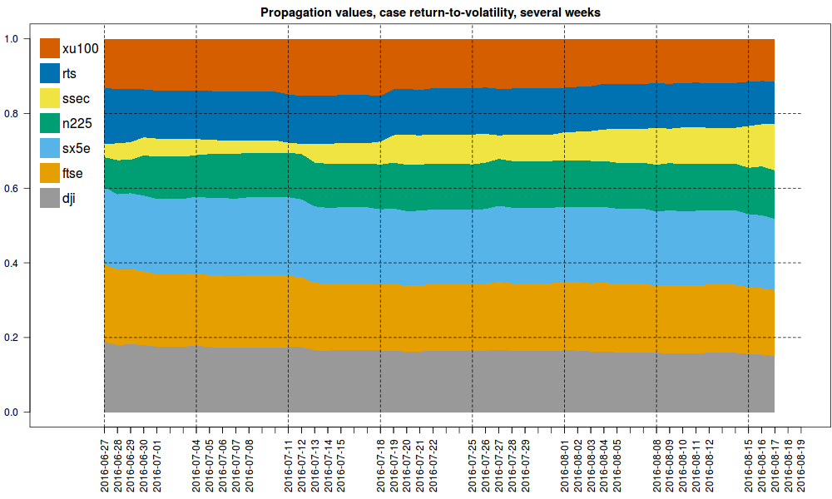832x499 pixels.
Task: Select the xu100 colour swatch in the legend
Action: click(x=49, y=48)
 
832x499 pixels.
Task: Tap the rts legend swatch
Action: click(x=49, y=74)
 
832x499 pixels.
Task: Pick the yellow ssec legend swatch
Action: click(x=49, y=99)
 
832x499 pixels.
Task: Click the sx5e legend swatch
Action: click(x=49, y=149)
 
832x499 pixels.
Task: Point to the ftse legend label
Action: click(x=73, y=174)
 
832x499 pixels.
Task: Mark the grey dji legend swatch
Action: click(x=49, y=199)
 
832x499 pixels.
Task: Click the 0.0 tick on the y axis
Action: click(x=12, y=413)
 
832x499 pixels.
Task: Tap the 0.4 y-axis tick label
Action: click(x=12, y=263)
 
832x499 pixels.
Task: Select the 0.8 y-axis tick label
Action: click(x=12, y=114)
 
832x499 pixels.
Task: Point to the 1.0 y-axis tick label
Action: click(x=12, y=39)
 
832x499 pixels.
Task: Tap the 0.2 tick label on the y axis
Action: click(x=12, y=338)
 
